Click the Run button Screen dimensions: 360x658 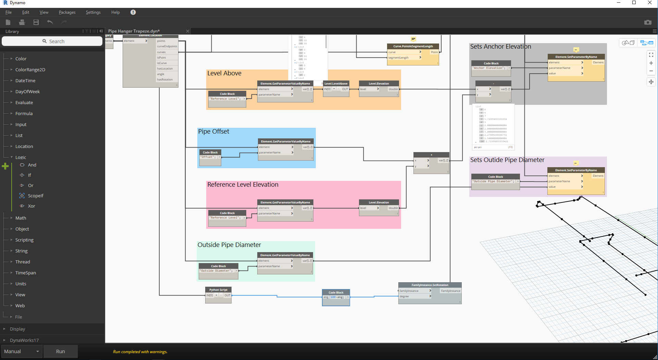click(60, 351)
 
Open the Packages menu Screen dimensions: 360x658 click(67, 12)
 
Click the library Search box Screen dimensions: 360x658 click(52, 41)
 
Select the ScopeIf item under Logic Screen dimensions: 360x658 click(36, 196)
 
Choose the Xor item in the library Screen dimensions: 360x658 click(32, 206)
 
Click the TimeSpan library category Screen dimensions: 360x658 click(25, 273)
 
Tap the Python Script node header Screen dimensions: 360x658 click(218, 290)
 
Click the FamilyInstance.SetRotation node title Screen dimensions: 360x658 click(430, 285)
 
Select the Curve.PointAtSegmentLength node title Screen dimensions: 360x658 click(413, 46)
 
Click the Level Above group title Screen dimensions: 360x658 click(224, 73)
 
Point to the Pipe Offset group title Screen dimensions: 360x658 click(214, 132)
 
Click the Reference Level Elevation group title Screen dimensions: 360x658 click(243, 185)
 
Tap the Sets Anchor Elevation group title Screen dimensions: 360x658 click(500, 47)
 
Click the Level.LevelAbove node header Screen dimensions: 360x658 click(336, 84)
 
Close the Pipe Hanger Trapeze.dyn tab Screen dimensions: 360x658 click(188, 31)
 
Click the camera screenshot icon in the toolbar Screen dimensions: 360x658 click(647, 22)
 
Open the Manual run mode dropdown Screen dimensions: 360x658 click(22, 351)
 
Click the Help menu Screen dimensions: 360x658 click(115, 12)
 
